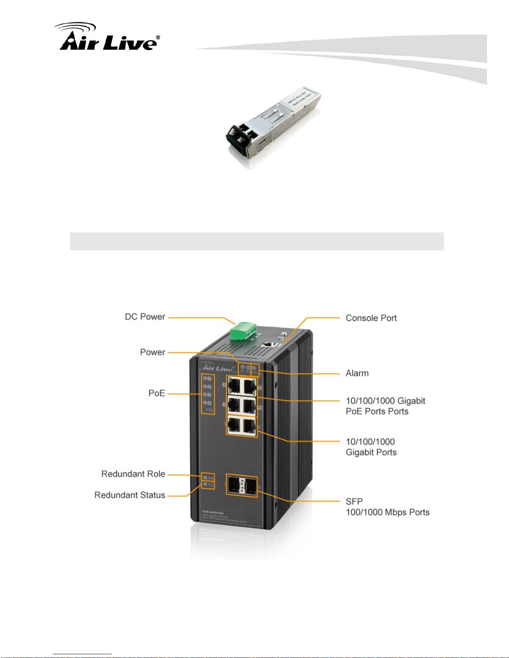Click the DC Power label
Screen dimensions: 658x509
point(145,317)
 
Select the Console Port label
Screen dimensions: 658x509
point(371,318)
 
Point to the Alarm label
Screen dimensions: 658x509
point(357,373)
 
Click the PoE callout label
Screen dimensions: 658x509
point(157,393)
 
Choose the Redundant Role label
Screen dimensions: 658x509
point(133,474)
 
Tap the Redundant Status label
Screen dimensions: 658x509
point(130,495)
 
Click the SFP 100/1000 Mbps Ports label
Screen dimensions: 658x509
point(387,507)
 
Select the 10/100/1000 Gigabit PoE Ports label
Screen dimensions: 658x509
point(385,406)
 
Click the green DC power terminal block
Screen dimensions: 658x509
point(243,331)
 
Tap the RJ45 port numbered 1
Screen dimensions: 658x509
point(234,386)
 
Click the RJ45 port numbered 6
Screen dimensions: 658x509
point(249,425)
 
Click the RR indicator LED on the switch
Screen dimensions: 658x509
point(205,478)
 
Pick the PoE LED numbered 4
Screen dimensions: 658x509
point(205,403)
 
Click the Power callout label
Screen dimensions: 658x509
point(152,352)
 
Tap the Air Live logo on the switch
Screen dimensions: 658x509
point(218,368)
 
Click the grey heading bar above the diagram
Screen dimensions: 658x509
point(257,241)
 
